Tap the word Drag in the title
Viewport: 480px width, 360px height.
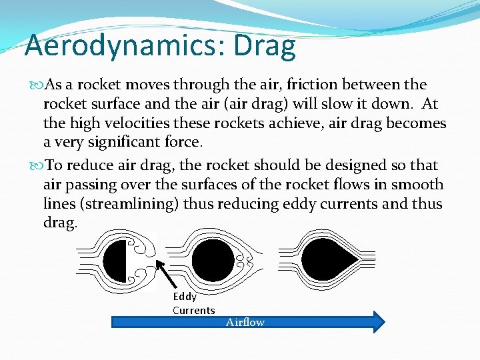[265, 46]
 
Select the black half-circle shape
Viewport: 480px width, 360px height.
[115, 260]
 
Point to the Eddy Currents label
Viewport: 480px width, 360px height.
[193, 303]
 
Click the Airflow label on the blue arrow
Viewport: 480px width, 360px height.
[245, 322]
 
